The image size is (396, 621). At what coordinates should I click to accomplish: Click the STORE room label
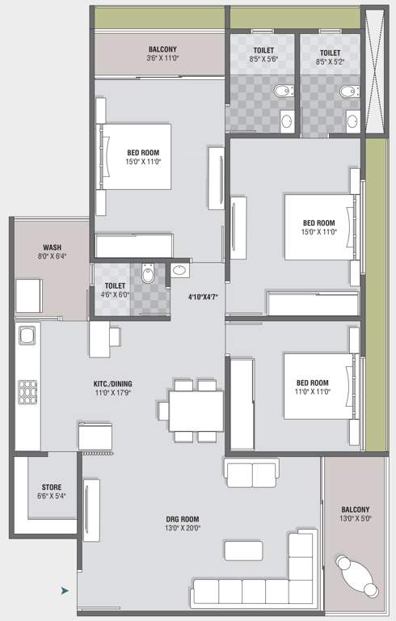click(52, 487)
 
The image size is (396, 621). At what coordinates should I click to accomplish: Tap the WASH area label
click(52, 247)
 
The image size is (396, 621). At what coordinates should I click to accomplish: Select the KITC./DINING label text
click(113, 384)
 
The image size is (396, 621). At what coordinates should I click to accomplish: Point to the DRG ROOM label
click(183, 519)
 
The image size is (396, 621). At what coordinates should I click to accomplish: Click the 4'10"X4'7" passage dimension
click(203, 297)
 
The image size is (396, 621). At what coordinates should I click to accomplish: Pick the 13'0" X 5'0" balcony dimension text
click(356, 518)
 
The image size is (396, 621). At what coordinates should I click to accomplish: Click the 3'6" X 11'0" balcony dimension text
click(162, 58)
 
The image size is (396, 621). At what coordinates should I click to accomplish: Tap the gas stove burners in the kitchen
click(27, 392)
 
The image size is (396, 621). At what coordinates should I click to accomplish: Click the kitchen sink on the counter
click(27, 336)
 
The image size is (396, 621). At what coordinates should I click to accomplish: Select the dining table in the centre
click(196, 411)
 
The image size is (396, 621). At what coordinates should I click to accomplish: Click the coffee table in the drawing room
click(243, 551)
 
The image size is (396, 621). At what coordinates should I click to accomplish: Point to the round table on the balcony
click(356, 576)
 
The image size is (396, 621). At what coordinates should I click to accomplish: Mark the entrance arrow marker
click(65, 591)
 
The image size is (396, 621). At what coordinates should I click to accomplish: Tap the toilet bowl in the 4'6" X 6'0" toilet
click(148, 272)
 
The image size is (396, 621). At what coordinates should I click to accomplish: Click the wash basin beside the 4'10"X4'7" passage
click(179, 270)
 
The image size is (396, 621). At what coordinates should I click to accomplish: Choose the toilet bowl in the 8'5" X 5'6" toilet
click(284, 91)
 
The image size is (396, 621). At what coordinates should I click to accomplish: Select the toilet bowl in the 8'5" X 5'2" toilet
click(349, 91)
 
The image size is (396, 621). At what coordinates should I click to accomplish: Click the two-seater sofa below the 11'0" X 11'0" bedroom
click(252, 473)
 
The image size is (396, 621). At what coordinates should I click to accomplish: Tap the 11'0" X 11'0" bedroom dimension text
click(313, 391)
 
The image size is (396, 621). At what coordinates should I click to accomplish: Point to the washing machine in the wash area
click(29, 296)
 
